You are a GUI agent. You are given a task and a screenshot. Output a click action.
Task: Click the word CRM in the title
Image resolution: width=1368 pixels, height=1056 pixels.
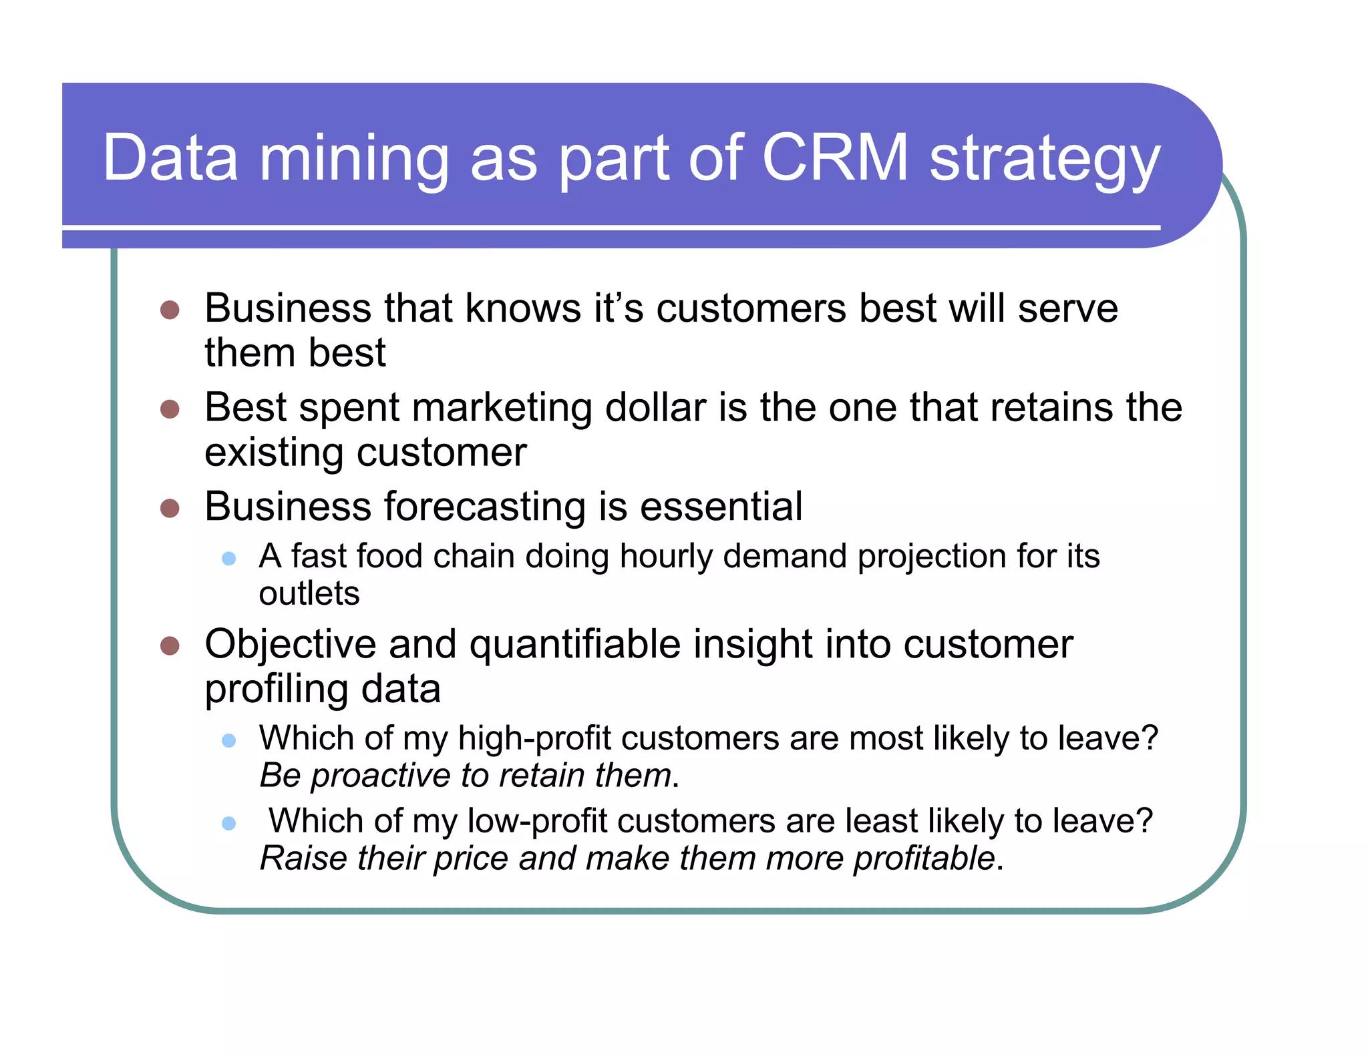[x=835, y=158]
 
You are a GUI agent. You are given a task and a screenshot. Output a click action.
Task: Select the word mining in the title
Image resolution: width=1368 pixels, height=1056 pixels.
[x=354, y=160]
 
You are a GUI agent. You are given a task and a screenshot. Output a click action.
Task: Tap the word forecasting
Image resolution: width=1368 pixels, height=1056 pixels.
[x=486, y=507]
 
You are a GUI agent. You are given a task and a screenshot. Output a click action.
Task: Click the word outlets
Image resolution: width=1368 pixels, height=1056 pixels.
[x=309, y=593]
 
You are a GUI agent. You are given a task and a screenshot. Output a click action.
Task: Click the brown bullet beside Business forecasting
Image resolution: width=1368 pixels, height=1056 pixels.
[x=170, y=509]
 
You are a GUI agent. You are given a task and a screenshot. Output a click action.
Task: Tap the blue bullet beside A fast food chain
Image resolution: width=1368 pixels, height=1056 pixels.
[x=229, y=558]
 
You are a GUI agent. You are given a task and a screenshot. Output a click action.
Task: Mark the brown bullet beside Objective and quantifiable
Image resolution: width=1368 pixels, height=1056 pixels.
[x=170, y=646]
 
